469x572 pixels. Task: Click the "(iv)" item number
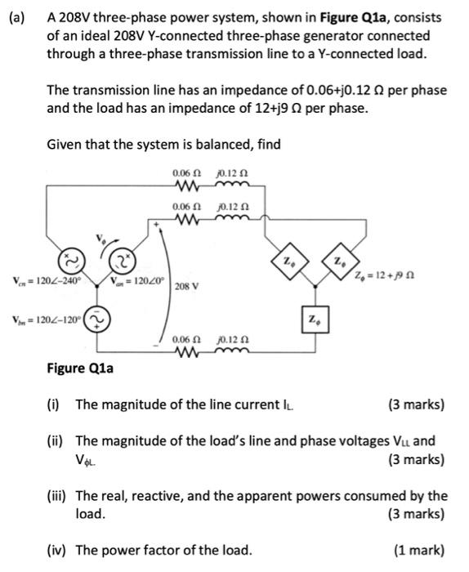click(x=57, y=549)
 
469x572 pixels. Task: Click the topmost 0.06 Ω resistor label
click(x=185, y=174)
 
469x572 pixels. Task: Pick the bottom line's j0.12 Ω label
click(x=233, y=337)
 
